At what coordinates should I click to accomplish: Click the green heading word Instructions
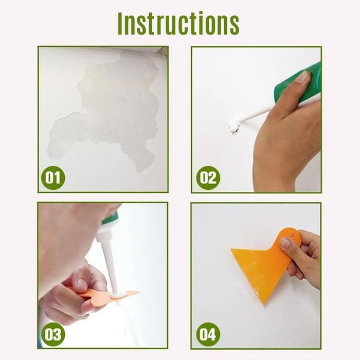click(178, 23)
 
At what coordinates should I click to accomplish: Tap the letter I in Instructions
click(121, 23)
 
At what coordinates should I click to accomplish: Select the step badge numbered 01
click(52, 178)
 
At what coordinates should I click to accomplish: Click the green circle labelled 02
click(208, 178)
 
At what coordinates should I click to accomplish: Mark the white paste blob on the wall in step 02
click(235, 124)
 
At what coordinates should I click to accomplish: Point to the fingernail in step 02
click(302, 77)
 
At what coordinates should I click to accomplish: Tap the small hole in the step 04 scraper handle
click(292, 235)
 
